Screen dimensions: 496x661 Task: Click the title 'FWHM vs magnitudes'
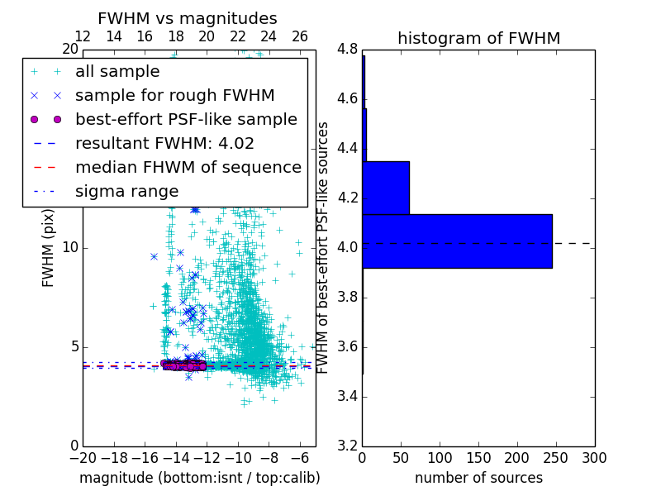(188, 18)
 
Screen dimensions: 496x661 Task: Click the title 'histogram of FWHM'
(478, 38)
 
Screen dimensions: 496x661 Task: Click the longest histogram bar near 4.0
(457, 241)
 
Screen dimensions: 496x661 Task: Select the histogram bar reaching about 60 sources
(386, 188)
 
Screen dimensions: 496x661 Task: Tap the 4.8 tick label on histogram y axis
(347, 49)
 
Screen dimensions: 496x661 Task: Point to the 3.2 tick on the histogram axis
(347, 446)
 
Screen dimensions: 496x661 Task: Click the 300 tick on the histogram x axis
(594, 458)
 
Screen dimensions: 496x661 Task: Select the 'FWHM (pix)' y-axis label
(49, 247)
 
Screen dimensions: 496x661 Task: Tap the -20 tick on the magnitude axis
(83, 458)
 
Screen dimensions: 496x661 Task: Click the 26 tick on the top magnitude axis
(300, 36)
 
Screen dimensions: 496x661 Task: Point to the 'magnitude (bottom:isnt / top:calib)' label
(199, 478)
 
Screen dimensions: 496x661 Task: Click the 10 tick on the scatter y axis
(70, 247)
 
